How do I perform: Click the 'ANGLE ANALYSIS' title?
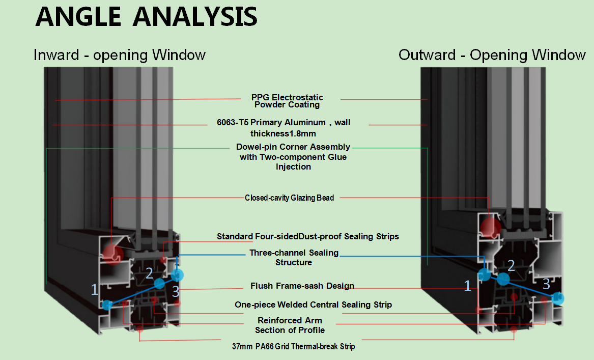[x=146, y=17]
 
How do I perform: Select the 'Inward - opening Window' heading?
[x=120, y=56]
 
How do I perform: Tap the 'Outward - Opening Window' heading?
[x=492, y=56]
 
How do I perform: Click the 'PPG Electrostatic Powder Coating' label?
[x=287, y=101]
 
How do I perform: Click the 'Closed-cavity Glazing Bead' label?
[x=290, y=198]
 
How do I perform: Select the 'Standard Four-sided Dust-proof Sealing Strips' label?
[x=307, y=236]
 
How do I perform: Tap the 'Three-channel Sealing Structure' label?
[x=294, y=258]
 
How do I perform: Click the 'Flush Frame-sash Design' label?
[x=302, y=286]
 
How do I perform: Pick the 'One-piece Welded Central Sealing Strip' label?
[x=314, y=304]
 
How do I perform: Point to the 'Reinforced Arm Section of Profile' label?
[x=290, y=325]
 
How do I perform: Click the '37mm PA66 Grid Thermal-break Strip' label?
[x=294, y=346]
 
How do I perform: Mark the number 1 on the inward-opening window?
[x=94, y=290]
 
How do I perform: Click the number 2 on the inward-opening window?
[x=149, y=273]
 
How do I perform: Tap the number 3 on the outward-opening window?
[x=546, y=284]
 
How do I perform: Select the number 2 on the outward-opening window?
[x=511, y=266]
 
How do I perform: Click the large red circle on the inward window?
[x=113, y=254]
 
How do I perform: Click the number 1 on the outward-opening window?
[x=467, y=286]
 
